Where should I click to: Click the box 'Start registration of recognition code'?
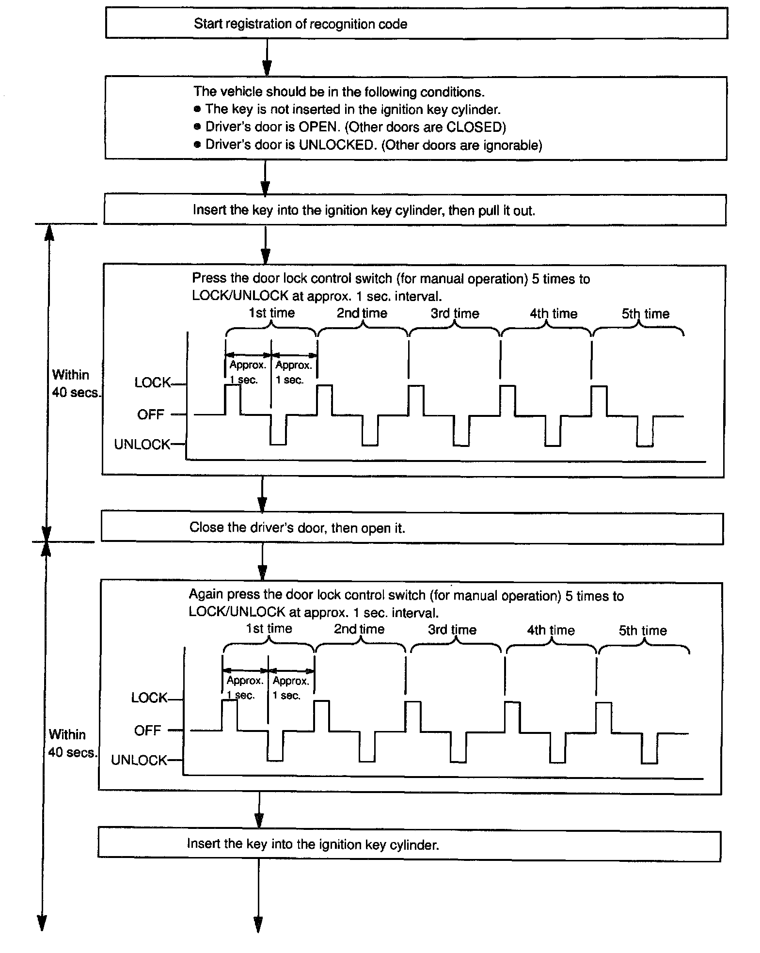[x=416, y=23]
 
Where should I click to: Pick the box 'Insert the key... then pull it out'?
[x=414, y=210]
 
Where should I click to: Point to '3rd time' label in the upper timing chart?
[x=455, y=314]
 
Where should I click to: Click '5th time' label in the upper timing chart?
[x=646, y=314]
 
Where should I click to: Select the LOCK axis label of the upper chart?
[x=153, y=383]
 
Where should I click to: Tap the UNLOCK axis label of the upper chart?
[x=142, y=445]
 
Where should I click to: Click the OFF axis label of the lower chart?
[x=147, y=731]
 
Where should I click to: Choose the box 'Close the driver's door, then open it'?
[x=412, y=528]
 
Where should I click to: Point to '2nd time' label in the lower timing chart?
[x=359, y=629]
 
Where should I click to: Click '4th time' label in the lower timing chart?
[x=551, y=630]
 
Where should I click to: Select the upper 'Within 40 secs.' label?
[x=75, y=383]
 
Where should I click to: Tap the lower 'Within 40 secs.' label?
[x=72, y=743]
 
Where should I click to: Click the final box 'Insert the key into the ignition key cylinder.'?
[x=409, y=845]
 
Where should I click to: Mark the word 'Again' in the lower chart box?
[x=206, y=595]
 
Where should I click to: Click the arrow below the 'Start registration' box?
[x=267, y=57]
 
